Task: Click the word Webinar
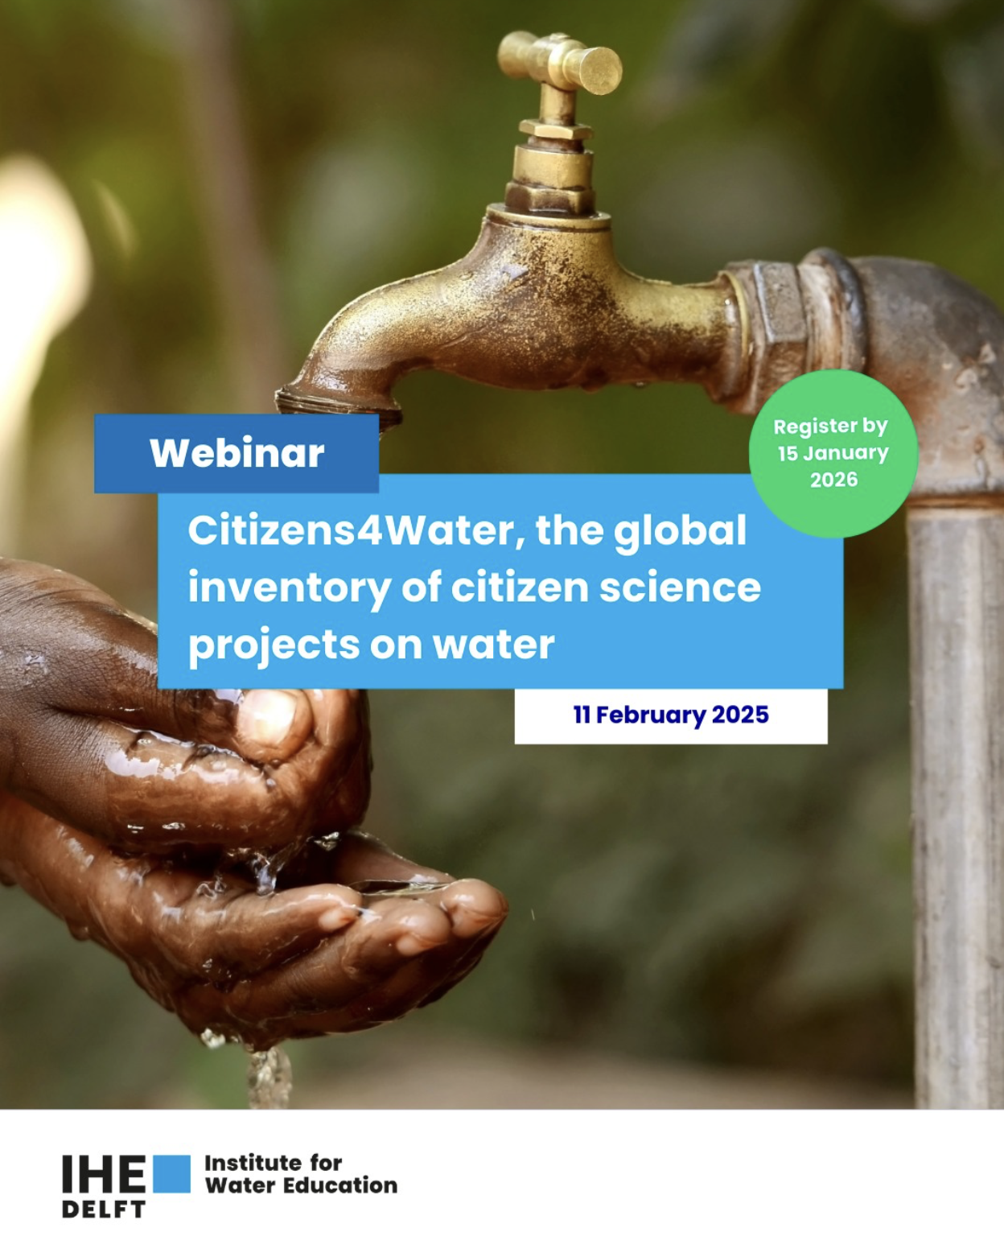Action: [237, 453]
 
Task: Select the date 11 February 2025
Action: [671, 715]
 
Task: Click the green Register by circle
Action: [833, 454]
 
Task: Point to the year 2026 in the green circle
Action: [833, 480]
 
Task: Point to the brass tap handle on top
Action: [560, 63]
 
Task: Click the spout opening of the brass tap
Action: [339, 404]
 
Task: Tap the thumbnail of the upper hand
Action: [273, 719]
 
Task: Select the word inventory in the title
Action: [289, 589]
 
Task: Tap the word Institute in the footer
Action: [252, 1164]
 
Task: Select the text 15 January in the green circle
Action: [833, 454]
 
